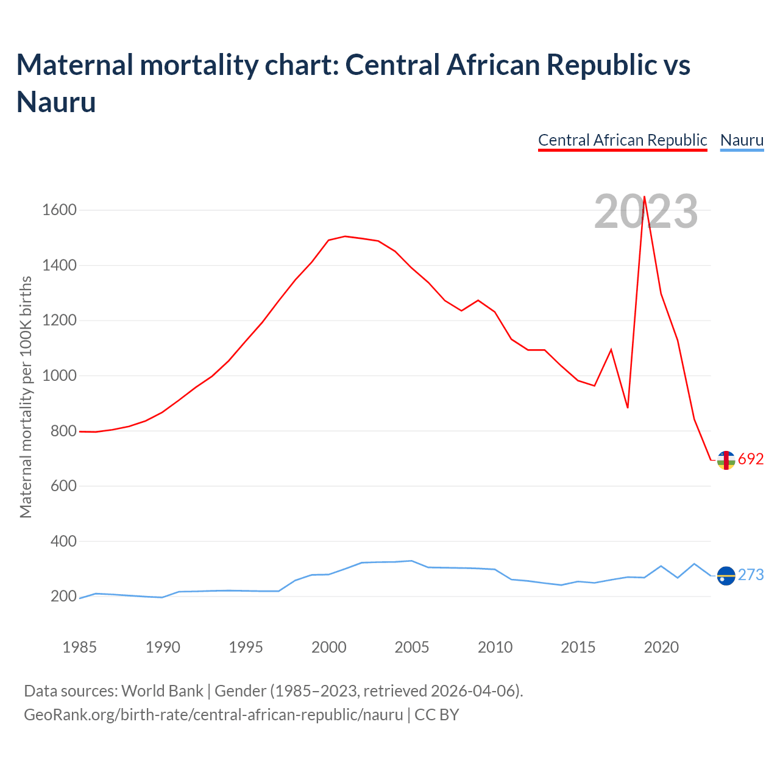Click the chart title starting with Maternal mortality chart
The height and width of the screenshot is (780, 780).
tap(353, 83)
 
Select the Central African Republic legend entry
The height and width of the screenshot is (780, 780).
tap(622, 140)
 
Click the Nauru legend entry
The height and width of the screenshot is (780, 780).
tap(742, 140)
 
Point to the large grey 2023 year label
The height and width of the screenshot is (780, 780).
tap(646, 211)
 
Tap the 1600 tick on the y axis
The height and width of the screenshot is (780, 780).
tap(59, 210)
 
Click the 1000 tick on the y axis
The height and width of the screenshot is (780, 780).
tap(59, 376)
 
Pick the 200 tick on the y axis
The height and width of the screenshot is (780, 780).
tap(63, 597)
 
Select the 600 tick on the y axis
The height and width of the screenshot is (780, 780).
tap(63, 486)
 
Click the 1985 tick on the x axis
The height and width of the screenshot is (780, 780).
tap(79, 647)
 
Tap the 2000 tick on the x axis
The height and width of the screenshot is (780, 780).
tap(329, 647)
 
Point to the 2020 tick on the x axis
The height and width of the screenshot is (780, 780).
tap(661, 647)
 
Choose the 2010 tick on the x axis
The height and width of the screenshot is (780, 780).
tap(495, 647)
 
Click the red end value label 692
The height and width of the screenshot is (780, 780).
tap(751, 459)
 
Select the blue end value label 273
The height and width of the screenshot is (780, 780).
tap(751, 575)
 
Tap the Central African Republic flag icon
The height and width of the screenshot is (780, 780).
tap(726, 460)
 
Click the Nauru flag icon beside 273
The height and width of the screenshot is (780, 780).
tap(726, 575)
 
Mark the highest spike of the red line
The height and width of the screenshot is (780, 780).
tap(644, 197)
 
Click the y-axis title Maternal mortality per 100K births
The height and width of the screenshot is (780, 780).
tap(26, 397)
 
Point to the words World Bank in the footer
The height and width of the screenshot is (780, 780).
tap(162, 691)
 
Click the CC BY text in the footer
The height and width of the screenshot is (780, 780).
tap(436, 715)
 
